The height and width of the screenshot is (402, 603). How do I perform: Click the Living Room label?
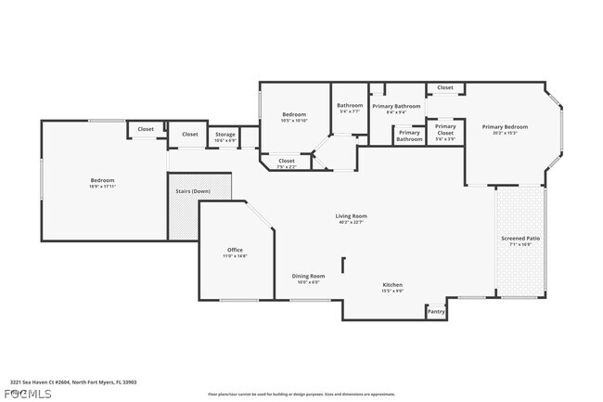pyautogui.click(x=352, y=216)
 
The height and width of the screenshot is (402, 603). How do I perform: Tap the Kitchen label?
pyautogui.click(x=392, y=284)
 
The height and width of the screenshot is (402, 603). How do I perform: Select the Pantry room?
pyautogui.click(x=436, y=312)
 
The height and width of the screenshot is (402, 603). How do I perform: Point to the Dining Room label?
pyautogui.click(x=308, y=276)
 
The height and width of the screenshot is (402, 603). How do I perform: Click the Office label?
pyautogui.click(x=235, y=250)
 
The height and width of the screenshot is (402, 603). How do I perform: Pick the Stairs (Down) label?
pyautogui.click(x=193, y=191)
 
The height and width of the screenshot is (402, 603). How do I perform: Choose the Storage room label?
pyautogui.click(x=225, y=135)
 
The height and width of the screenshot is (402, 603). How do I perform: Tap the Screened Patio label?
pyautogui.click(x=520, y=240)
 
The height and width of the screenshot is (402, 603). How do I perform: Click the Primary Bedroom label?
pyautogui.click(x=505, y=126)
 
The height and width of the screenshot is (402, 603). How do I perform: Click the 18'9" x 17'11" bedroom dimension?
pyautogui.click(x=102, y=187)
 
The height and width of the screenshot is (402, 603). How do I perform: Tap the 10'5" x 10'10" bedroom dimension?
pyautogui.click(x=295, y=121)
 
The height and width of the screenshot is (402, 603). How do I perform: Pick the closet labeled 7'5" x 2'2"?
pyautogui.click(x=288, y=166)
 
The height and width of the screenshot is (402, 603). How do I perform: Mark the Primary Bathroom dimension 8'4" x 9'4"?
pyautogui.click(x=397, y=113)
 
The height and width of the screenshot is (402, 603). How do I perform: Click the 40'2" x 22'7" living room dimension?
pyautogui.click(x=352, y=223)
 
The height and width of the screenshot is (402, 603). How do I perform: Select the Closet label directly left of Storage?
pyautogui.click(x=190, y=135)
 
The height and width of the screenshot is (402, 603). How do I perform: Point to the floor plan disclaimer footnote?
pyautogui.click(x=301, y=394)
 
